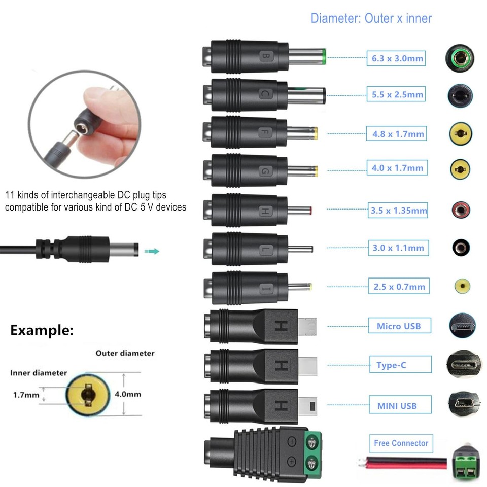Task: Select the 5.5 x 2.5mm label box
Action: [396, 94]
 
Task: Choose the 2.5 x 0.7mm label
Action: [399, 286]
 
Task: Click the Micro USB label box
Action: [400, 326]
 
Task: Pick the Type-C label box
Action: [401, 364]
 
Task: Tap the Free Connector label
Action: [401, 443]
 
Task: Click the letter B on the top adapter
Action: [266, 56]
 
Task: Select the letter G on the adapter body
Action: [265, 171]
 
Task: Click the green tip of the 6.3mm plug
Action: [324, 56]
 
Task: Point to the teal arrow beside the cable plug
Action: [152, 251]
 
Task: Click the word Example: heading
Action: [42, 330]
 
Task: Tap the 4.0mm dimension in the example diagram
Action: [128, 394]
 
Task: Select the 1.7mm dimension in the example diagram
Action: [26, 395]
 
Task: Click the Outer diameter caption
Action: [125, 353]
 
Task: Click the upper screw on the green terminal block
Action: [312, 442]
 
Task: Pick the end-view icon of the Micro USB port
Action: [462, 326]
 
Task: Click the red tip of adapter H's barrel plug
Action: [310, 211]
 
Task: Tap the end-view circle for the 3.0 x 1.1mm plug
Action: [461, 248]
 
